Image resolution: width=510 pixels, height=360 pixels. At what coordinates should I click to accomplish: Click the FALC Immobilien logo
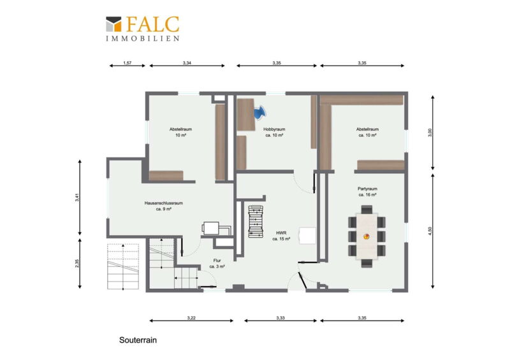pyautogui.click(x=142, y=29)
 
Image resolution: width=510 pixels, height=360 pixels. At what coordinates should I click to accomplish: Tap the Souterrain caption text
pyautogui.click(x=138, y=340)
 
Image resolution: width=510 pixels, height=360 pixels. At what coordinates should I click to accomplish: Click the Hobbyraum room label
pyautogui.click(x=274, y=132)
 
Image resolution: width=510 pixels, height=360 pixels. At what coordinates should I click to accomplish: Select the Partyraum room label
pyautogui.click(x=368, y=192)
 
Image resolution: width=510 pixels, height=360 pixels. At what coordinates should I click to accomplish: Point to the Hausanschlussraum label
pyautogui.click(x=164, y=206)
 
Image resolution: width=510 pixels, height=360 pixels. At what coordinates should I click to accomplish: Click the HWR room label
pyautogui.click(x=281, y=236)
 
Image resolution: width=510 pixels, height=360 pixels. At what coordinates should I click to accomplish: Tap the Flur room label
pyautogui.click(x=217, y=263)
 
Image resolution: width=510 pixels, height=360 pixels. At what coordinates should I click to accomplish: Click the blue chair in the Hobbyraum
pyautogui.click(x=260, y=113)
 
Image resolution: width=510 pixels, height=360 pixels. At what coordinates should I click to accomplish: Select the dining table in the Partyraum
pyautogui.click(x=367, y=236)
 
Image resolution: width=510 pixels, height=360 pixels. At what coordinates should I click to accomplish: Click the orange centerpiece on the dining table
pyautogui.click(x=367, y=237)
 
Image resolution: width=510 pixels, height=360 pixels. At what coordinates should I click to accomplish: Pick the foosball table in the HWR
pyautogui.click(x=256, y=221)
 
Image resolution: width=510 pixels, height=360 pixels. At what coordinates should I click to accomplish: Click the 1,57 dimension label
pyautogui.click(x=127, y=63)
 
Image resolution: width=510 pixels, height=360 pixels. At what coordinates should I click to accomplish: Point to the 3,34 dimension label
pyautogui.click(x=187, y=63)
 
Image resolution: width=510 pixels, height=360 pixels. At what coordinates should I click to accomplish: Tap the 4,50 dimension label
pyautogui.click(x=430, y=231)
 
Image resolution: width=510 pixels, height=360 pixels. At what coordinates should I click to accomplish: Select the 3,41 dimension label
pyautogui.click(x=77, y=198)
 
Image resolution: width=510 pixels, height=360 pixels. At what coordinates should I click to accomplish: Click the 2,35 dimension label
pyautogui.click(x=77, y=263)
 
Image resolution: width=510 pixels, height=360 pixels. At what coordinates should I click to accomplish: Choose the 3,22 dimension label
pyautogui.click(x=191, y=318)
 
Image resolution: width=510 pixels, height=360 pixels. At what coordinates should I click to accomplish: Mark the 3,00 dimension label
pyautogui.click(x=430, y=133)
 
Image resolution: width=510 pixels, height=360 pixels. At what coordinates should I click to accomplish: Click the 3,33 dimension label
pyautogui.click(x=280, y=318)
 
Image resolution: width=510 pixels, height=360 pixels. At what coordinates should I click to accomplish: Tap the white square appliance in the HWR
pyautogui.click(x=308, y=236)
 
